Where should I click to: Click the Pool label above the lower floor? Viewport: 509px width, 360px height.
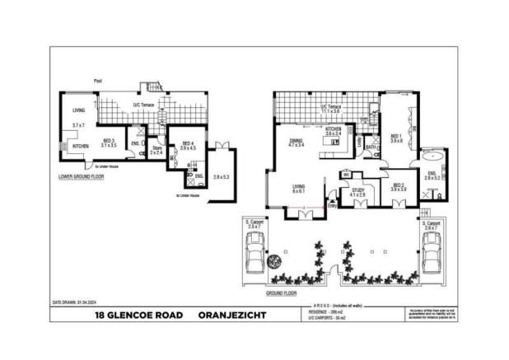click(98, 81)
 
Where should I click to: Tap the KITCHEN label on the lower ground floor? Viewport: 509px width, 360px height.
click(80, 145)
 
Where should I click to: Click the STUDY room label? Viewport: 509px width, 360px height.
click(357, 191)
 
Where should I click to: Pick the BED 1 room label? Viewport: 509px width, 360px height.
click(395, 137)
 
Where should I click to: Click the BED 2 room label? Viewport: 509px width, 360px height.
click(399, 185)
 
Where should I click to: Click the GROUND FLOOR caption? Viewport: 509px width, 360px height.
click(281, 292)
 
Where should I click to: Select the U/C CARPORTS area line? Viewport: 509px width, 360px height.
click(325, 317)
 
